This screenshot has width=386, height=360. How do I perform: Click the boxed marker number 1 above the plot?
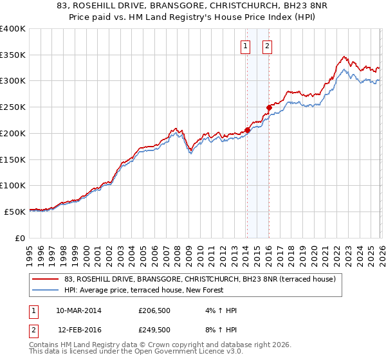pyautogui.click(x=246, y=46)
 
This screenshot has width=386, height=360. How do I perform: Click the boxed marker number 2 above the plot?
pyautogui.click(x=266, y=46)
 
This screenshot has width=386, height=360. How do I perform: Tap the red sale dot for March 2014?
pyautogui.click(x=247, y=130)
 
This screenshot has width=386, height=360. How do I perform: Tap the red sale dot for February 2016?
pyautogui.click(x=269, y=107)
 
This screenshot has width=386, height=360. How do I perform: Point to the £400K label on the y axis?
pyautogui.click(x=13, y=28)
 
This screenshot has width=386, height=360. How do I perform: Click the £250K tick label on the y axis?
pyautogui.click(x=13, y=107)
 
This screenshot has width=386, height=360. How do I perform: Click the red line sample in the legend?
pyautogui.click(x=46, y=280)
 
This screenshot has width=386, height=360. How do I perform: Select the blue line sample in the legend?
pyautogui.click(x=46, y=291)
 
